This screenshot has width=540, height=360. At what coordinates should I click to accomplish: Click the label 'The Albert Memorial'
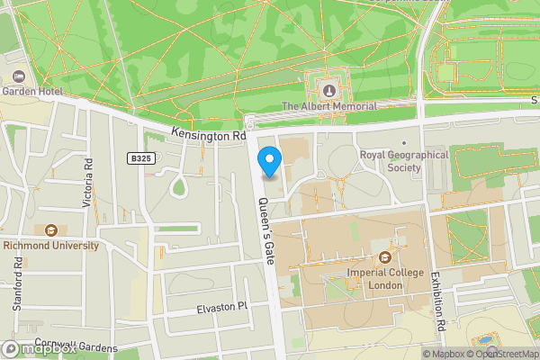[x=328, y=106]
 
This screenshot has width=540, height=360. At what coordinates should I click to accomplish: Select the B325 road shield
[x=138, y=157]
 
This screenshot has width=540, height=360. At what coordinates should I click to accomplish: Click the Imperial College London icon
[x=385, y=256]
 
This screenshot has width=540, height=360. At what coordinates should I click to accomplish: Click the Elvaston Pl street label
[x=221, y=309]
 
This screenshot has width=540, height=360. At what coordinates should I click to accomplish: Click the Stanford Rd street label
[x=17, y=283]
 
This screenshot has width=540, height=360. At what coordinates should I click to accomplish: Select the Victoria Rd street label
[x=88, y=184]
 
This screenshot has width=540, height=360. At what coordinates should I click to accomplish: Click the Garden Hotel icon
[x=19, y=76]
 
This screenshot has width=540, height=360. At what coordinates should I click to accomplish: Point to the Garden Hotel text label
[x=31, y=91]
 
